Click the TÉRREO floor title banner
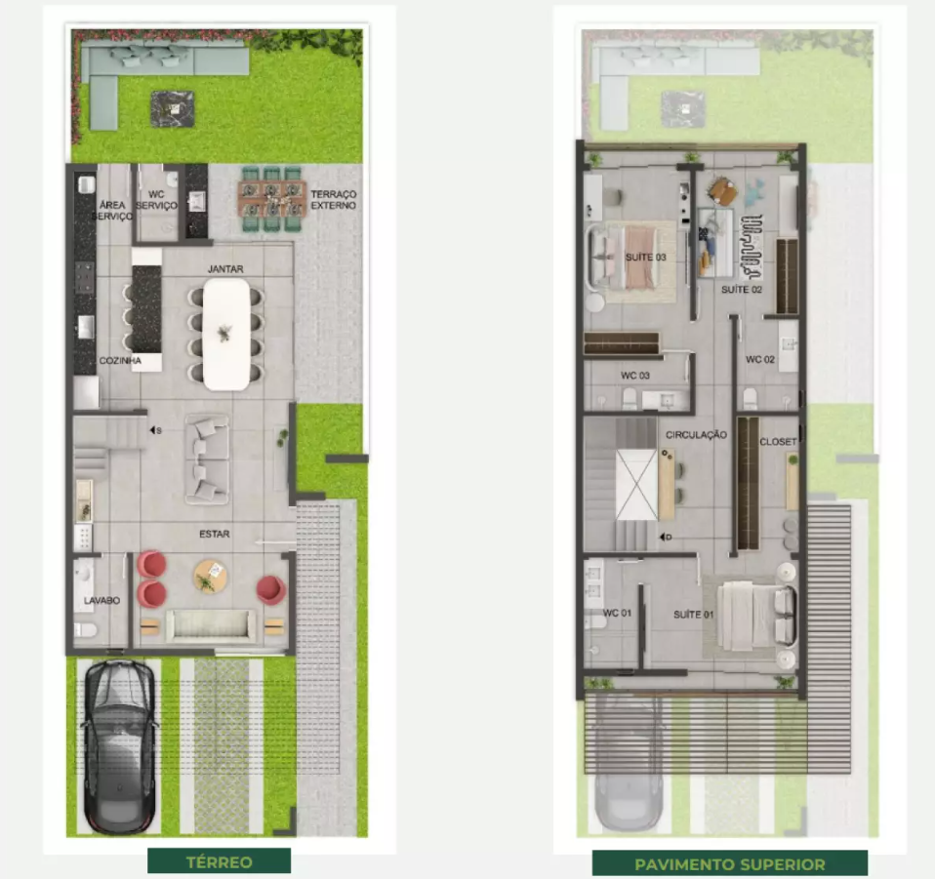[x=219, y=861]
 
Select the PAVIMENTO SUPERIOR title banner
[x=729, y=863]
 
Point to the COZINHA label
[x=119, y=361]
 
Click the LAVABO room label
[x=102, y=601]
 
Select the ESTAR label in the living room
[x=216, y=535]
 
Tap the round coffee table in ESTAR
[x=210, y=576]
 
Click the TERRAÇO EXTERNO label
[x=333, y=200]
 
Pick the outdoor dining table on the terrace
[x=271, y=197]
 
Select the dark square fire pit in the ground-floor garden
[x=172, y=107]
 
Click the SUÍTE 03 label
[x=645, y=258]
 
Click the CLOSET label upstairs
[x=778, y=442]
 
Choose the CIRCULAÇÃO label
[x=695, y=435]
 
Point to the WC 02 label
[x=760, y=360]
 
